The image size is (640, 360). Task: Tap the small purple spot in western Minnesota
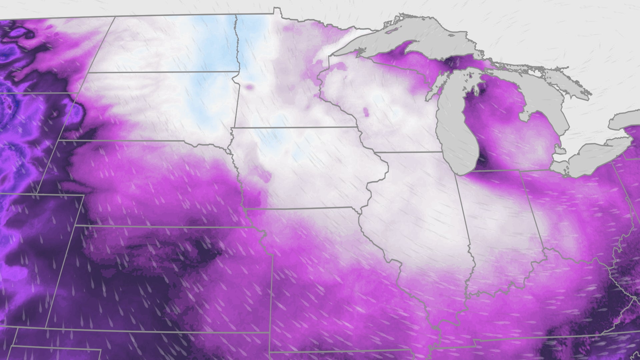tap(248, 87)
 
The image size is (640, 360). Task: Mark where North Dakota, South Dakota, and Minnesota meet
tap(239, 71)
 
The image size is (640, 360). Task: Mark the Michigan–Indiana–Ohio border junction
tap(520, 171)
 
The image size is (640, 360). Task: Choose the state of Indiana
tap(500, 227)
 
